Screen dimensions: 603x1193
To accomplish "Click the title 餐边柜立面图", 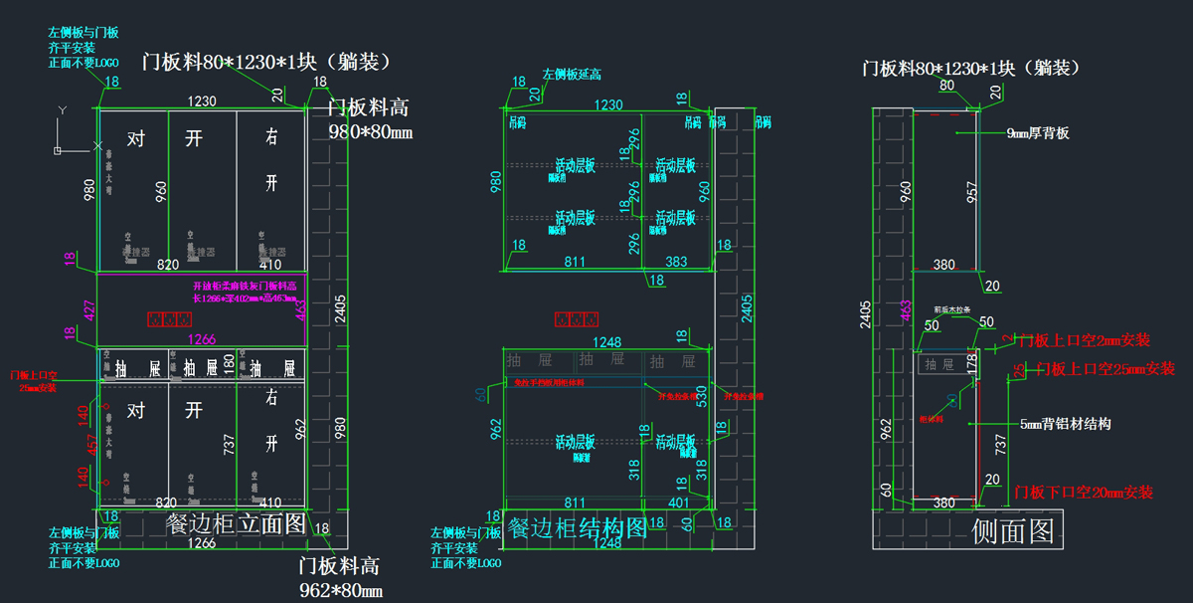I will (x=236, y=525).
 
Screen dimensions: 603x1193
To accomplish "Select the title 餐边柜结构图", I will (x=577, y=527).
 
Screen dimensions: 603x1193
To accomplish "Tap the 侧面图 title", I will (x=1013, y=530).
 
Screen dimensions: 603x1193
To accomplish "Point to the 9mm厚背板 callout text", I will (x=1037, y=132).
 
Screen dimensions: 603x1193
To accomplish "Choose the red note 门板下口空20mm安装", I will (x=1083, y=492).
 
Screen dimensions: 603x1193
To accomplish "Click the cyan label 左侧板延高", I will (x=571, y=74).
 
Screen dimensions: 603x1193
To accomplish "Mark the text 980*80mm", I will (x=370, y=132).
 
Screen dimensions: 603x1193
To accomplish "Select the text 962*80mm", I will (x=341, y=591).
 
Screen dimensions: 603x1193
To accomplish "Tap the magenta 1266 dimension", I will (x=202, y=339).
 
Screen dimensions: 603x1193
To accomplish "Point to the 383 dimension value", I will (x=676, y=262).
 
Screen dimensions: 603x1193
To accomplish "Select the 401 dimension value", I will (x=679, y=503).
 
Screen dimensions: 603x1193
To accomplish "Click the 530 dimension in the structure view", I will (x=703, y=395).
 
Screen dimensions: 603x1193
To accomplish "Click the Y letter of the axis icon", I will (x=62, y=109).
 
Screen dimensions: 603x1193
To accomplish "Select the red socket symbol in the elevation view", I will (x=168, y=320).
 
